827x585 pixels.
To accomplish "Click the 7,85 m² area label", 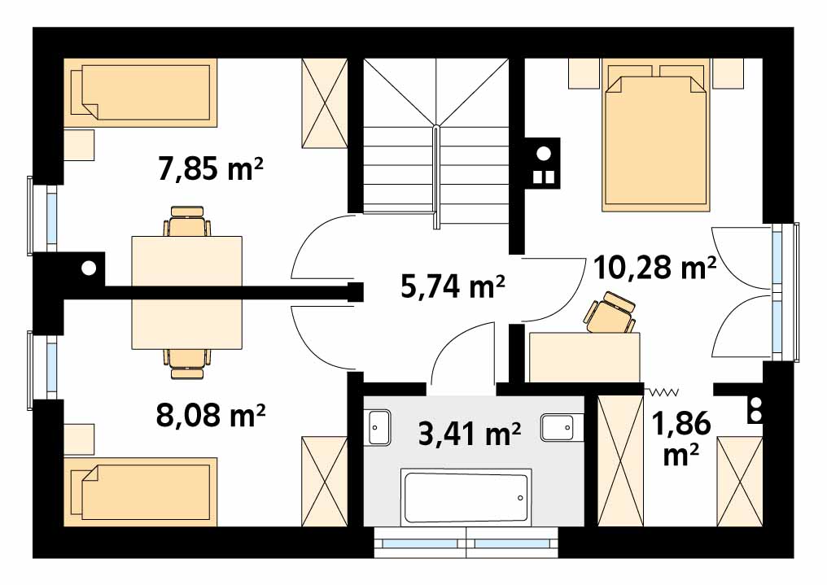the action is pyautogui.click(x=211, y=168).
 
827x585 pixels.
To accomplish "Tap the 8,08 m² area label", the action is pyautogui.click(x=211, y=415).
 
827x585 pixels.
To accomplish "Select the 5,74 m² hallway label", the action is pyautogui.click(x=453, y=286).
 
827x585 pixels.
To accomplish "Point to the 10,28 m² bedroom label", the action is pyautogui.click(x=654, y=267).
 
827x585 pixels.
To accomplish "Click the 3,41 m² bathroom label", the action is pyautogui.click(x=470, y=434).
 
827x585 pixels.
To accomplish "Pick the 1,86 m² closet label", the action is pyautogui.click(x=681, y=439).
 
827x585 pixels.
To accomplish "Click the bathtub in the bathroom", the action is pyautogui.click(x=466, y=497).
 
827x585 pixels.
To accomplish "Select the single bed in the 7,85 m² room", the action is pyautogui.click(x=140, y=93).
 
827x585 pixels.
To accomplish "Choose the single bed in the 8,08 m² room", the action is pyautogui.click(x=140, y=491).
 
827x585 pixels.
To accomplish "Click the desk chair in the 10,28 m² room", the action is pyautogui.click(x=610, y=312).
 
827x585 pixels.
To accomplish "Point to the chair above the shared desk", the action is pyautogui.click(x=187, y=221).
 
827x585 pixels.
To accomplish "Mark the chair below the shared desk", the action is pyautogui.click(x=187, y=364).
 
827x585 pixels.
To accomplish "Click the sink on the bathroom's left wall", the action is pyautogui.click(x=378, y=427).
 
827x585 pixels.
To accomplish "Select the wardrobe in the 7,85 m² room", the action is pyautogui.click(x=324, y=103).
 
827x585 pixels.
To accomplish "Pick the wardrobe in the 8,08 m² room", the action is pyautogui.click(x=324, y=481).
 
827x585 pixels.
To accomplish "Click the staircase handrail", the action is pyautogui.click(x=435, y=177).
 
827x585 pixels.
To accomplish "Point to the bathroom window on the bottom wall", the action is pyautogui.click(x=466, y=543).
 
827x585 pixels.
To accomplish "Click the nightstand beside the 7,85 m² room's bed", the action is pyautogui.click(x=79, y=145).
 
